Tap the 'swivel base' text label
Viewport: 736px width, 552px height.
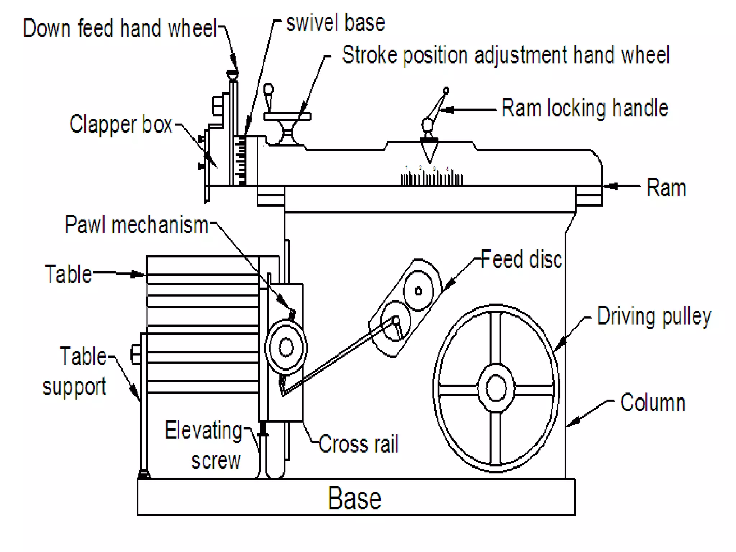[335, 23]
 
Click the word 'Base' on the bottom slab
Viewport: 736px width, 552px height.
[354, 498]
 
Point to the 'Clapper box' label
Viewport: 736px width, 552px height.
[121, 124]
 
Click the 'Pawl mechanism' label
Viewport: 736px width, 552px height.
[137, 225]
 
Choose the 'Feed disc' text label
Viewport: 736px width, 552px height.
[521, 259]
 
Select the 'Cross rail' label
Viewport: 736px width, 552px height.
[358, 444]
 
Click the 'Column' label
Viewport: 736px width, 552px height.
[653, 402]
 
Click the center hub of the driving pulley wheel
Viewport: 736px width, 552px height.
[496, 388]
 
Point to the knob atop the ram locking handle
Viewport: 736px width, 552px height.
[446, 90]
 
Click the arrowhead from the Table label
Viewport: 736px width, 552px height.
[138, 275]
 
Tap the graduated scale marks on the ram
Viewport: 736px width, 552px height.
[431, 177]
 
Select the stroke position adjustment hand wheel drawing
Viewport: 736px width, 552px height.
[287, 116]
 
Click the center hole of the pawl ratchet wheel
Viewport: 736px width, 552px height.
[286, 348]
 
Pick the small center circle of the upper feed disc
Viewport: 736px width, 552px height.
[418, 291]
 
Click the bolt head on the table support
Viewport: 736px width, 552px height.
[135, 354]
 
